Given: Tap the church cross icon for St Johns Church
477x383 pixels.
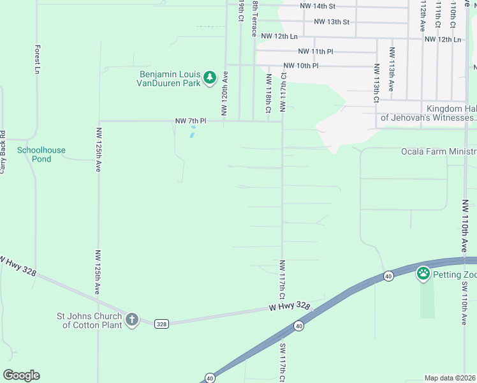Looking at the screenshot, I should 132,319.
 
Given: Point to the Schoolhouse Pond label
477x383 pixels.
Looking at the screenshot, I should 41,154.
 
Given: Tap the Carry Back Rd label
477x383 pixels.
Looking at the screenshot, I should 3,152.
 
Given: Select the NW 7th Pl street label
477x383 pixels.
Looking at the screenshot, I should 191,121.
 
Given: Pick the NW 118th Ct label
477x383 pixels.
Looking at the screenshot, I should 268,93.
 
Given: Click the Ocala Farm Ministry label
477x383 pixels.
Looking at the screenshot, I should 438,151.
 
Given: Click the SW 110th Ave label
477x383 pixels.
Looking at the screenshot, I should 465,303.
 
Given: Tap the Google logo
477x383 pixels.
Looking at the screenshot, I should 21,375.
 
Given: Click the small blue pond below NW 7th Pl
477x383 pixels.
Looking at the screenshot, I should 192,133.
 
